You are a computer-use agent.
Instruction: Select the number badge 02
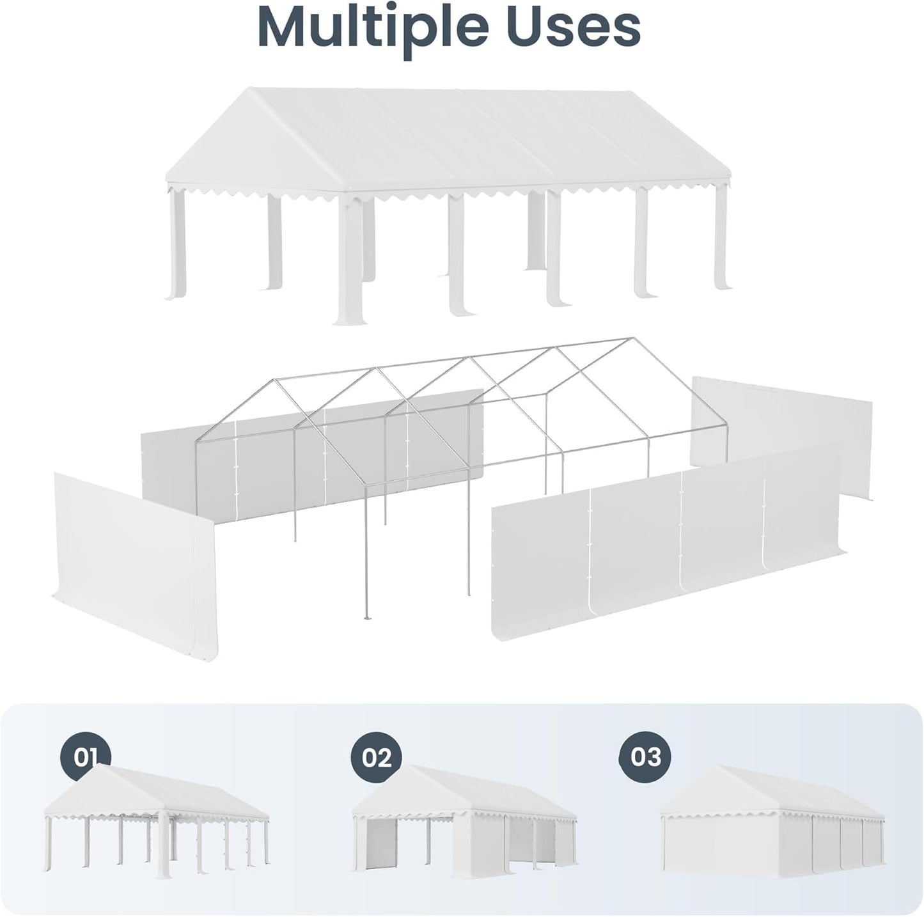pos(376,758)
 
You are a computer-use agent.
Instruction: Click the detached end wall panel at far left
pos(134,556)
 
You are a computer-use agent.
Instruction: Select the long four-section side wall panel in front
pos(665,544)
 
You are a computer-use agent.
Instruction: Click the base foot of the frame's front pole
pos(366,617)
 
